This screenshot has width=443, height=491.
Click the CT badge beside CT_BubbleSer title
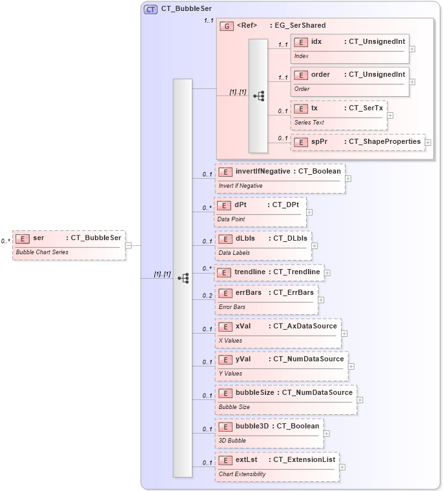[x=150, y=9]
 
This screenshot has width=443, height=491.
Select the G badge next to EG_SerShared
[x=227, y=26]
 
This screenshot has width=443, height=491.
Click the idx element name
[x=316, y=42]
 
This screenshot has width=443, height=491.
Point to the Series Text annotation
[x=309, y=122]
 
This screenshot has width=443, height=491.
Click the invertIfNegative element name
[x=263, y=172]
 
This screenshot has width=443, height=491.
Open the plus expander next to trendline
[x=327, y=273]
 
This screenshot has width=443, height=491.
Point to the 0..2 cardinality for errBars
[x=207, y=296]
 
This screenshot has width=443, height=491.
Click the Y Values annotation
[x=231, y=374]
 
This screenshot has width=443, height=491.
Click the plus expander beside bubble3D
[x=325, y=434]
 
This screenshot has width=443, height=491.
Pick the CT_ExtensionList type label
[x=305, y=459]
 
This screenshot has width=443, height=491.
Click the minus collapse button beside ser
[x=129, y=245]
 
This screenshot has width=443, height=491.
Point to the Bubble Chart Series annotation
[x=42, y=252]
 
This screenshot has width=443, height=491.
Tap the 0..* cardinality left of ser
[x=6, y=241]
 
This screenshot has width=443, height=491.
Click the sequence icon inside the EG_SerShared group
[x=258, y=95]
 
